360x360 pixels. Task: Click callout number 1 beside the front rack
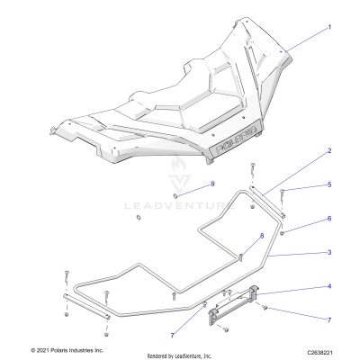[329, 27]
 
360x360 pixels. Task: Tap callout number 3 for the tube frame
[329, 253]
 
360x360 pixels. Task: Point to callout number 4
[329, 287]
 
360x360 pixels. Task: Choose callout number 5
[329, 184]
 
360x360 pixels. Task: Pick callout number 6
[329, 219]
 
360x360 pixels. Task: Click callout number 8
[237, 237]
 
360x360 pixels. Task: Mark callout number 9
[187, 184]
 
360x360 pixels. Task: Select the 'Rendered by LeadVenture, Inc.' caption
[191, 355]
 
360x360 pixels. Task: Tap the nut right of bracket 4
[266, 309]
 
